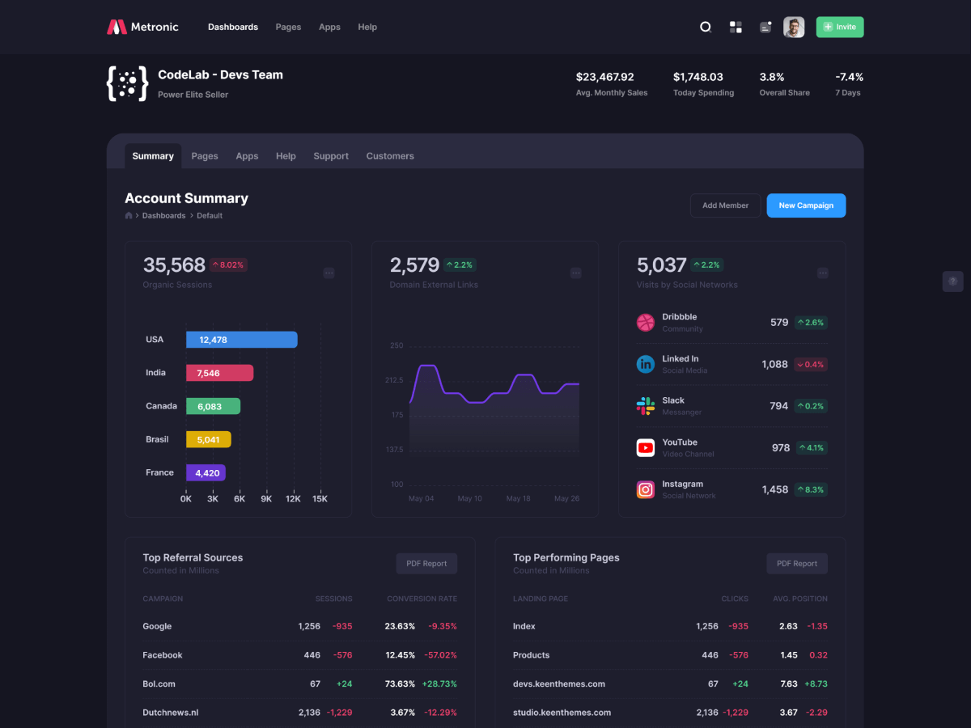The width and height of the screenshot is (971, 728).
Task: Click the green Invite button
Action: (839, 27)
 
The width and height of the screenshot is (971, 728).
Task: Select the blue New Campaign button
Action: (806, 205)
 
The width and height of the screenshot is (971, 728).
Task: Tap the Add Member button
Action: (725, 205)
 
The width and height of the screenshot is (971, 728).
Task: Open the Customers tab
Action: (389, 156)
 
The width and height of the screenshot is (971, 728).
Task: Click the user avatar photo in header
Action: (794, 28)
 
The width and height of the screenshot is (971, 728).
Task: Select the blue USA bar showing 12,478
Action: (241, 340)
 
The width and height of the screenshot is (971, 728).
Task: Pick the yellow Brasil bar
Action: (208, 439)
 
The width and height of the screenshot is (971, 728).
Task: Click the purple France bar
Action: (206, 472)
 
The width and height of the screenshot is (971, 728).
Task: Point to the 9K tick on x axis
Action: (266, 499)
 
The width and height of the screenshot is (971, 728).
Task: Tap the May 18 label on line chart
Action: (518, 498)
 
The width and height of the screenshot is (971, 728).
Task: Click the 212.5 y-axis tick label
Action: (394, 380)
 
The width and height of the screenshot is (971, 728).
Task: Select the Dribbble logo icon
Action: (645, 323)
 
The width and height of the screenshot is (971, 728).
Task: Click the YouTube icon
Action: (645, 447)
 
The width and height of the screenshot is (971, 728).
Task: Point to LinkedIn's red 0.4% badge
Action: (810, 364)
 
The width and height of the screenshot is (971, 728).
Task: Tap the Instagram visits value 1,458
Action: (774, 489)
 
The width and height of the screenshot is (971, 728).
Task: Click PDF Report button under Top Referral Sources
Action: (426, 564)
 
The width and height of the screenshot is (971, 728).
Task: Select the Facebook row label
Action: (163, 655)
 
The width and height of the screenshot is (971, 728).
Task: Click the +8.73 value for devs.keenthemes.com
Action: (816, 684)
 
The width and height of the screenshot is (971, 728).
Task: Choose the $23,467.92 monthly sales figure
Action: (604, 77)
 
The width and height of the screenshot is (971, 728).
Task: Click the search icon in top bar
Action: (705, 27)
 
